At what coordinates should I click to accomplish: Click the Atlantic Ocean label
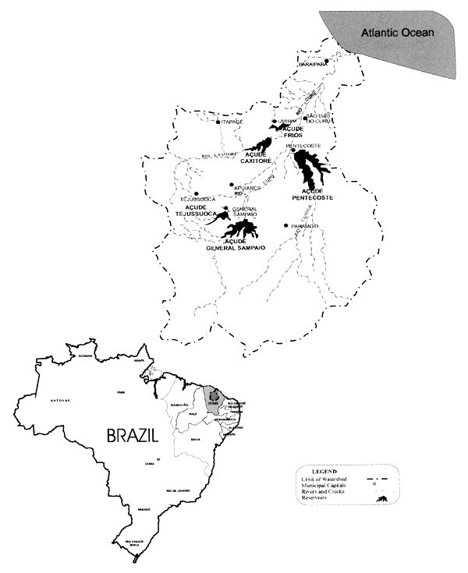396,33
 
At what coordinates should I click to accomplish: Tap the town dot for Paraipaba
328,61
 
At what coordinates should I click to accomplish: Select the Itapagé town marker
218,122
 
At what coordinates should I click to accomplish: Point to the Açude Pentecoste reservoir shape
310,168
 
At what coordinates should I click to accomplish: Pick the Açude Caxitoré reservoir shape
261,145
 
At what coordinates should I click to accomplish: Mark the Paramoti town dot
287,226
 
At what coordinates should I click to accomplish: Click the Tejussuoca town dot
197,193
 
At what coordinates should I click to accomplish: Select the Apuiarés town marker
232,185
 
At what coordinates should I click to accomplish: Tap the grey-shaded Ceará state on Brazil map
213,399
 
